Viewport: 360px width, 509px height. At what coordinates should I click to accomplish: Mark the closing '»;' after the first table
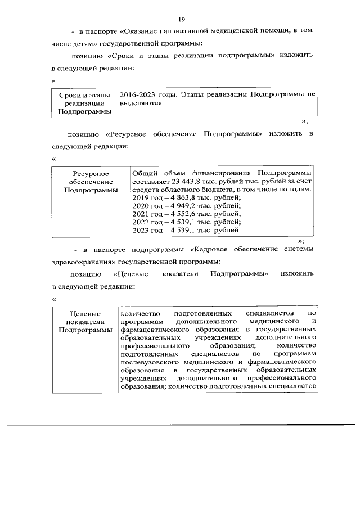tap(305, 121)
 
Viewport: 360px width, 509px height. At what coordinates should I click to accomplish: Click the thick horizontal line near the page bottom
tap(180, 425)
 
